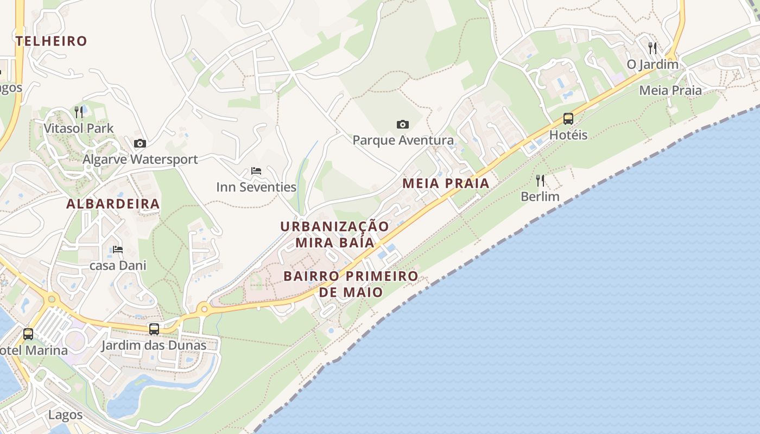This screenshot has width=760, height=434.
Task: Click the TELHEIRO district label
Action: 52,41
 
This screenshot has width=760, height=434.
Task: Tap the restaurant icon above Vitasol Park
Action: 79,112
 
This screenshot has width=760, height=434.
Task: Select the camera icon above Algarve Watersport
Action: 140,143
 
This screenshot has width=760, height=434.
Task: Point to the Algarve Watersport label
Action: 140,159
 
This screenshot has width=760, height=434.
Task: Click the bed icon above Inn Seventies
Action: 256,171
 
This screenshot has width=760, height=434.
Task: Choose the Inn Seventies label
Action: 256,187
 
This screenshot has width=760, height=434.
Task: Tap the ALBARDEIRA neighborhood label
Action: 113,204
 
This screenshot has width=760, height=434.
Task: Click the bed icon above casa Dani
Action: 118,250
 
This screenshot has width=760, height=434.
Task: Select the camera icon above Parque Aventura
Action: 403,124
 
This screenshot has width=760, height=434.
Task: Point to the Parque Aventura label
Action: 403,141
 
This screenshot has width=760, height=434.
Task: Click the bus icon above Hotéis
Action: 568,118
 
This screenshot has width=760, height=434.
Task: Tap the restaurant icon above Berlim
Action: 540,180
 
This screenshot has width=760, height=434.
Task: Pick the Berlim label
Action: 540,196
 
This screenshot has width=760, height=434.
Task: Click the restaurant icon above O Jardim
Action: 653,48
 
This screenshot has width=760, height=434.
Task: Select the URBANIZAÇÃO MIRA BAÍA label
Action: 335,234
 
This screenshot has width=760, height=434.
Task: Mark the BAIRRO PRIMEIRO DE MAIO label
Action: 351,284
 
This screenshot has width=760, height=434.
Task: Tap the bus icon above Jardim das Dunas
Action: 154,329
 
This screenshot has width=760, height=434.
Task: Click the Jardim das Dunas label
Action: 154,345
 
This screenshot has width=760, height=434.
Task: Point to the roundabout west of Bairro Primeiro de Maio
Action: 204,309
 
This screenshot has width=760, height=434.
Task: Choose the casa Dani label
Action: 118,266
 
